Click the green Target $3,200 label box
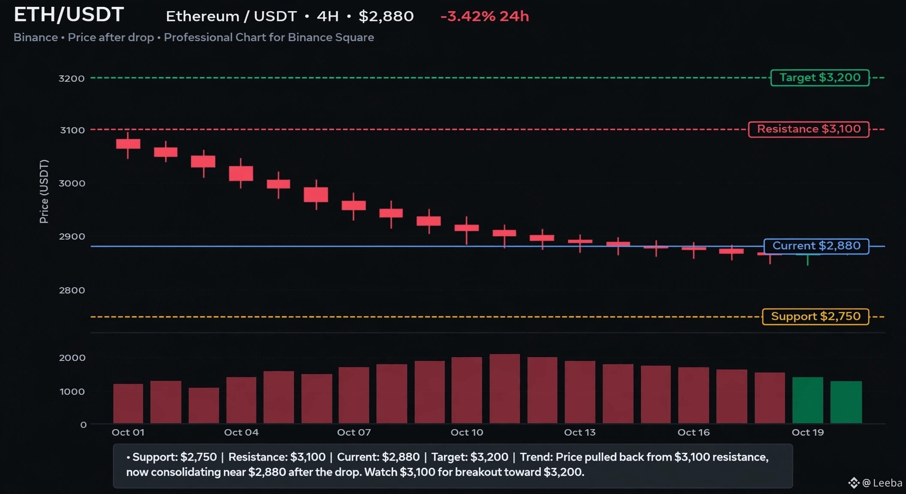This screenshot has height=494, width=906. pyautogui.click(x=820, y=78)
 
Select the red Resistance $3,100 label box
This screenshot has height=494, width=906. pyautogui.click(x=809, y=129)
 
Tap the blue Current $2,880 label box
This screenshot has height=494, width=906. pyautogui.click(x=816, y=246)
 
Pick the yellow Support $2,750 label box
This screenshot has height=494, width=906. pyautogui.click(x=815, y=316)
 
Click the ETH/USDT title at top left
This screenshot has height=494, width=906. pyautogui.click(x=69, y=15)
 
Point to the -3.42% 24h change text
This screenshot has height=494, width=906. pyautogui.click(x=485, y=16)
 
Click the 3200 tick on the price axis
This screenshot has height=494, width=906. pyautogui.click(x=72, y=78)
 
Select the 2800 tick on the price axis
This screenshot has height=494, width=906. pyautogui.click(x=72, y=290)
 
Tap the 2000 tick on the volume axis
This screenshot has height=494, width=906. pyautogui.click(x=72, y=358)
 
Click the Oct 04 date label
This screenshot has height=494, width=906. pyautogui.click(x=241, y=432)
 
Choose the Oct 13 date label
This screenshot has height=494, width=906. pyautogui.click(x=580, y=432)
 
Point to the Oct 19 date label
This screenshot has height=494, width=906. pyautogui.click(x=808, y=432)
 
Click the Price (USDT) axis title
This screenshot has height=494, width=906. pyautogui.click(x=44, y=191)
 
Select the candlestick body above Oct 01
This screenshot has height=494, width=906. pyautogui.click(x=128, y=144)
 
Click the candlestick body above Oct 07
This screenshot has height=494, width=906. pyautogui.click(x=353, y=205)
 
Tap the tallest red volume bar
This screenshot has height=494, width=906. pyautogui.click(x=504, y=389)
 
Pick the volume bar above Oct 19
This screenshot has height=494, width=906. pyautogui.click(x=808, y=400)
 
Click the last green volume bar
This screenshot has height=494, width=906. pyautogui.click(x=846, y=402)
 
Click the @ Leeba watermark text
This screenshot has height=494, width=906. pyautogui.click(x=882, y=483)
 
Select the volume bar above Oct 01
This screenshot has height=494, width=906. pyautogui.click(x=128, y=404)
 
